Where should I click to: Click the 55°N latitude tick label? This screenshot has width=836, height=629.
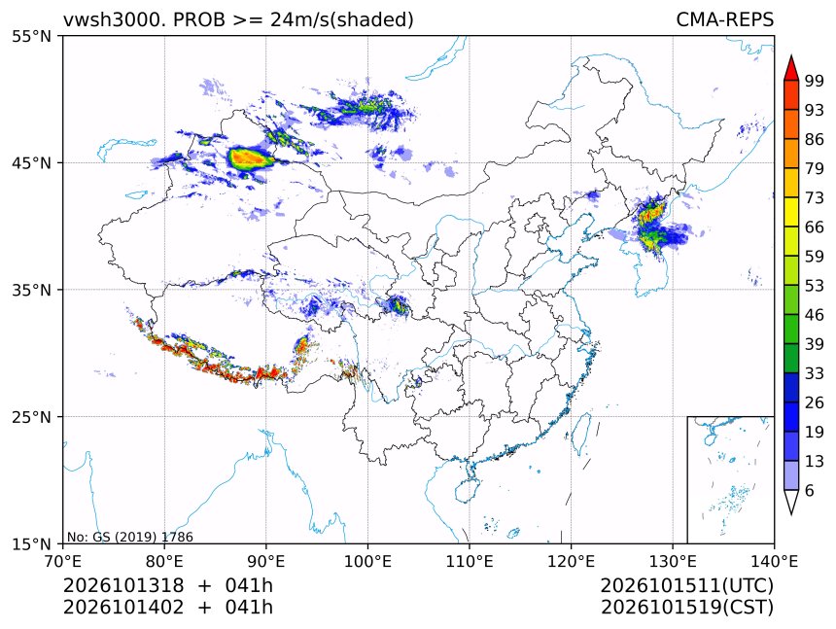coord(31,36)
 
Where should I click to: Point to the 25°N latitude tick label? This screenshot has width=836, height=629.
coord(31,417)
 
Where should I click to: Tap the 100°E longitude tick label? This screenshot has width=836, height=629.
coord(367,561)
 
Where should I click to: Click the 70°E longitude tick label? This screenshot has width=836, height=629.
coord(63,561)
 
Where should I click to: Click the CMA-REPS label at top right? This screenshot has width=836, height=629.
coord(724,19)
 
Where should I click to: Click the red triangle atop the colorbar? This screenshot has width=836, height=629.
coord(791,68)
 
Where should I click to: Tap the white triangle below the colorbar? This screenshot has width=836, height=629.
coord(791,502)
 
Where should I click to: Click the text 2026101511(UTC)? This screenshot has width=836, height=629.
coord(686,585)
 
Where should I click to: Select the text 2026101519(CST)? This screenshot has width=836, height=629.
coord(686,608)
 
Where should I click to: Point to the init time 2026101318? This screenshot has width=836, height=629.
coord(123,585)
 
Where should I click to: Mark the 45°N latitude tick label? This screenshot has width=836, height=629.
coord(31,162)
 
